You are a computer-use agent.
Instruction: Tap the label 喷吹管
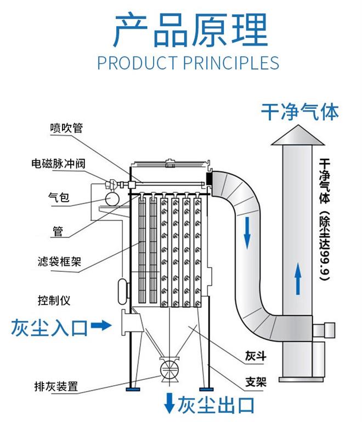click(x=65, y=128)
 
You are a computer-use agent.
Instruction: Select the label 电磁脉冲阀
click(x=58, y=163)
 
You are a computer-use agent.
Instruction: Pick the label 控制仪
click(x=54, y=301)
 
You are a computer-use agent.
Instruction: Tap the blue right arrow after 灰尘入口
click(x=100, y=326)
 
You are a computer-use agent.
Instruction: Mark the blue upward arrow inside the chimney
click(x=297, y=278)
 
